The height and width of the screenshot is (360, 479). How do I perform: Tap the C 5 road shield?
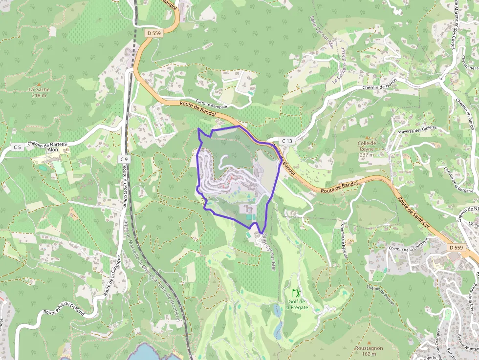(x=18, y=147)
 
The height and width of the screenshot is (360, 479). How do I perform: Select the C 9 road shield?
(x=125, y=159)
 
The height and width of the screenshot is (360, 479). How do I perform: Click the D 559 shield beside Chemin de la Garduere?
(x=455, y=248)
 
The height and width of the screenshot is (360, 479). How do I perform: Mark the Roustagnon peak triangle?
(x=369, y=342)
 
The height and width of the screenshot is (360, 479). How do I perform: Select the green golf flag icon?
(x=295, y=293)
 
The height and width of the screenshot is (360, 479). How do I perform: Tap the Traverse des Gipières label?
(x=416, y=130)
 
